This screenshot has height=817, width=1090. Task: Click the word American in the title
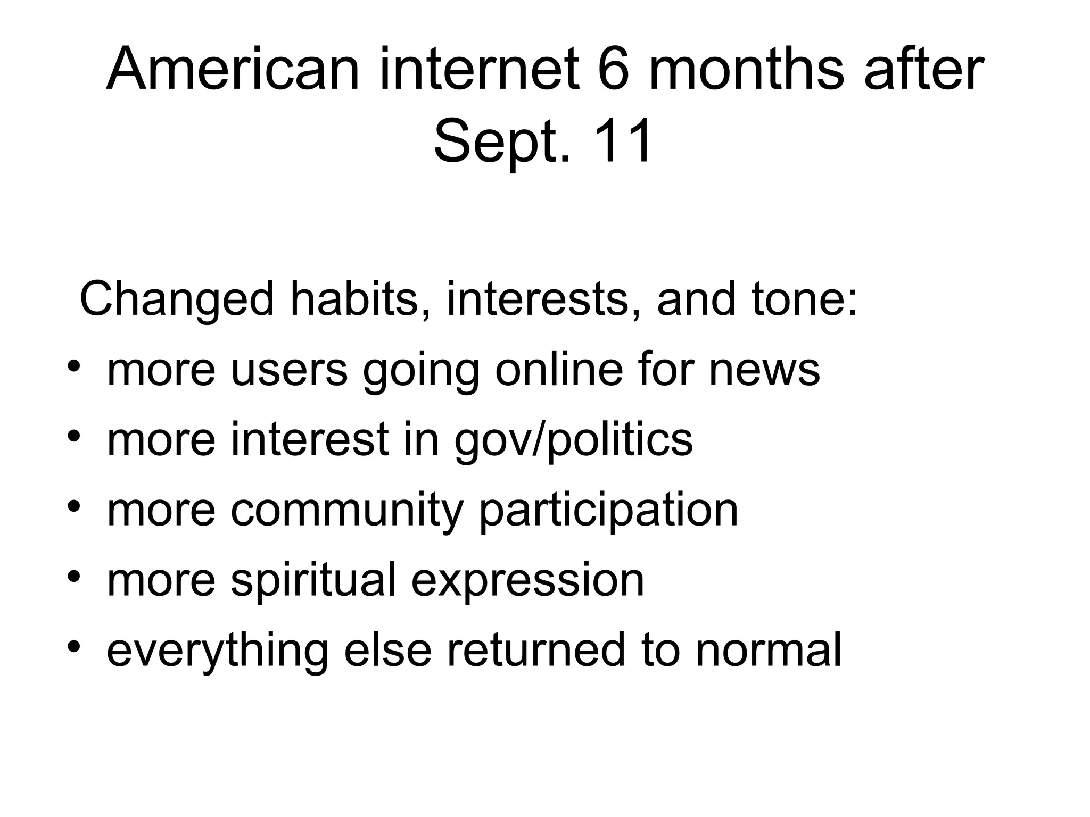tap(233, 69)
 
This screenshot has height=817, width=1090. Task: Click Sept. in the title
tap(502, 141)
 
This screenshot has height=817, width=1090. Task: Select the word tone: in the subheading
tap(757, 299)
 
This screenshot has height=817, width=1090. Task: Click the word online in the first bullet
tap(559, 369)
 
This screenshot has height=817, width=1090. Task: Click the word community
tap(346, 510)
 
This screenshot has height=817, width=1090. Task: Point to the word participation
tap(608, 510)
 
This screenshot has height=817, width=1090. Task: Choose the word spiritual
tap(313, 580)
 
